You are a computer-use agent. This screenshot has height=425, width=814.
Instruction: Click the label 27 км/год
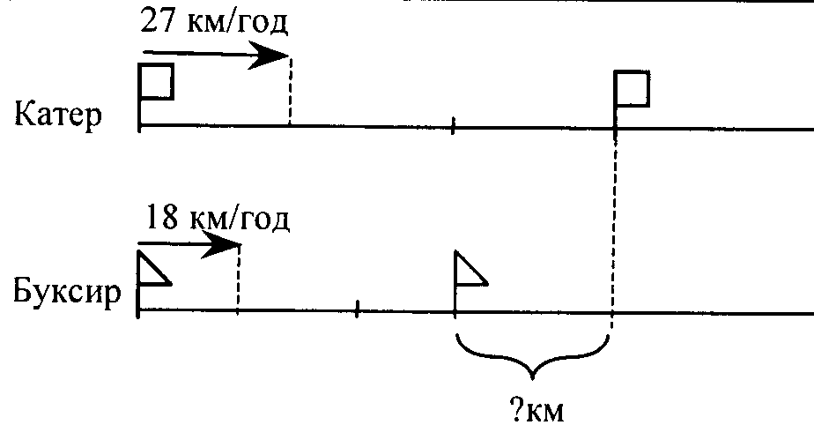214,21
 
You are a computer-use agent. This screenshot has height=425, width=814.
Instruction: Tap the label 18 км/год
214,217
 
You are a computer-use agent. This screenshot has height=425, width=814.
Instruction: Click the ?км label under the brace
536,407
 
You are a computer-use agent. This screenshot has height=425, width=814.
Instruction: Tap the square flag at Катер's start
157,83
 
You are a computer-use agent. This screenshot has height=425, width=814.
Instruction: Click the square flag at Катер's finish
633,88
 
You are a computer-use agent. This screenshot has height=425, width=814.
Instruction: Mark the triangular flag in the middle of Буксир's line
469,271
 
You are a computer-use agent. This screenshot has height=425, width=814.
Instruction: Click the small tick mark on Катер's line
453,126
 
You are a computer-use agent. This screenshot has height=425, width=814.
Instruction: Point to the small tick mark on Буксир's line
357,309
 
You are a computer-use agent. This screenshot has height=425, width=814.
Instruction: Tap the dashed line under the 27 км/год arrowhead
289,93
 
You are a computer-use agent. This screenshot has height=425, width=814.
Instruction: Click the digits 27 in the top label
156,21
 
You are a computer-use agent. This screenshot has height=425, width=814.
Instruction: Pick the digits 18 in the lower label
156,217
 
